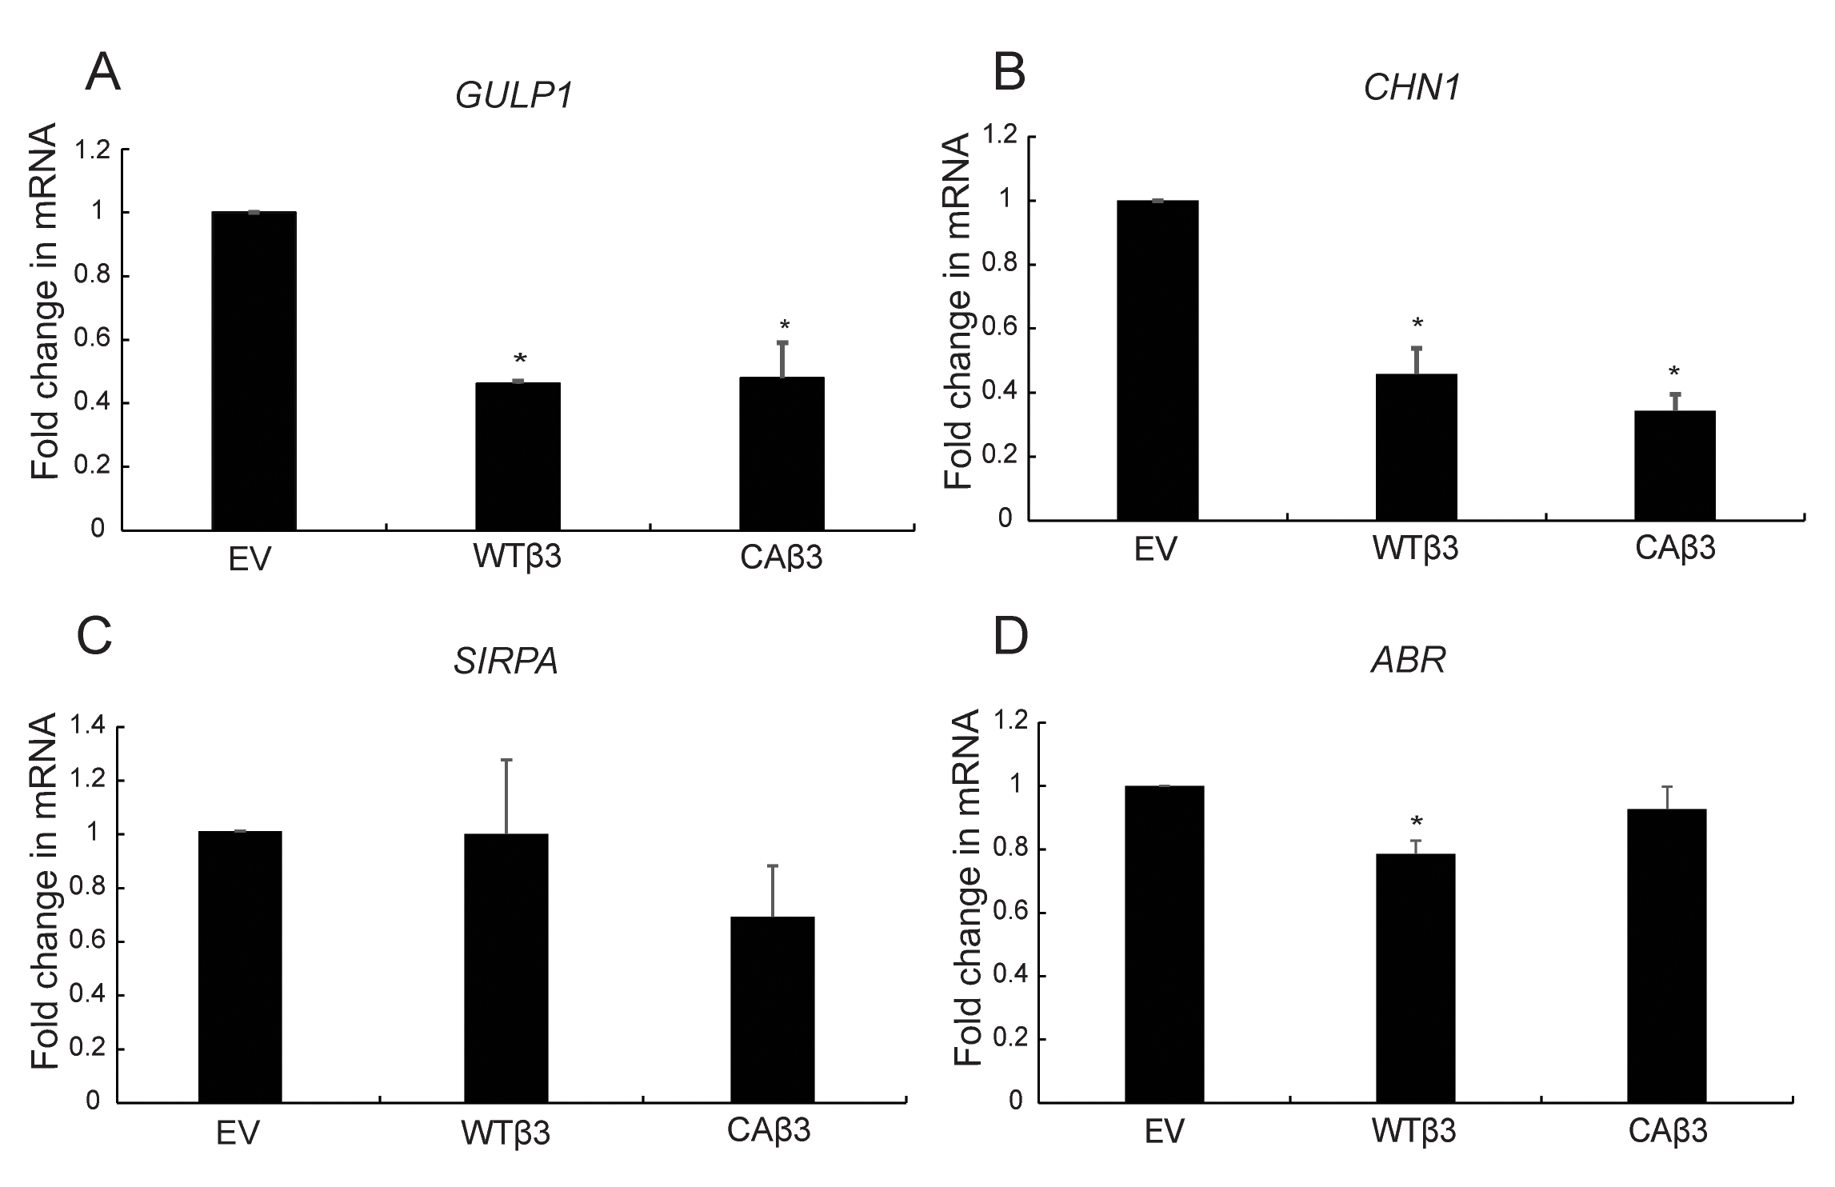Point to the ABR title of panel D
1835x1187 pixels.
pyautogui.click(x=1408, y=661)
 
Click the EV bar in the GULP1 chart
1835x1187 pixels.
pyautogui.click(x=254, y=371)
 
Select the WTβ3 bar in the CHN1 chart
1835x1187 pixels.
pyautogui.click(x=1416, y=447)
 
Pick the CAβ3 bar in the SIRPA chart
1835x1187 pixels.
pyautogui.click(x=773, y=1009)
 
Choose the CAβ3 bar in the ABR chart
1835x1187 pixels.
pyautogui.click(x=1667, y=956)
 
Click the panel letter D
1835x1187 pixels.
pyautogui.click(x=1009, y=637)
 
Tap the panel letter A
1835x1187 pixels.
pyautogui.click(x=103, y=74)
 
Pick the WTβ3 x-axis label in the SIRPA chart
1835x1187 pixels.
pyautogui.click(x=506, y=1133)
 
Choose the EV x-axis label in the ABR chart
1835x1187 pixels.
pyautogui.click(x=1164, y=1132)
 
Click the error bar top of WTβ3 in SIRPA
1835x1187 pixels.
pyautogui.click(x=506, y=760)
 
